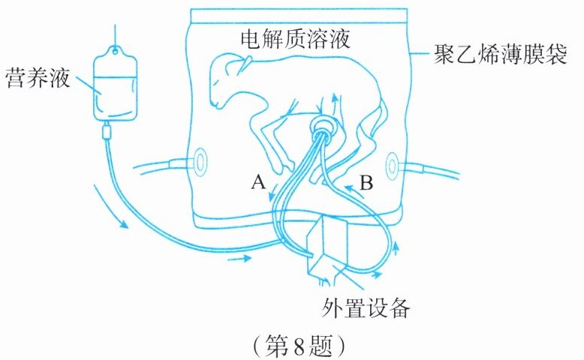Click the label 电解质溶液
click(x=295, y=39)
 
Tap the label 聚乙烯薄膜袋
click(x=500, y=55)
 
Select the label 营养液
click(x=38, y=78)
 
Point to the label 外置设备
click(x=366, y=308)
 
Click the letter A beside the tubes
click(x=258, y=182)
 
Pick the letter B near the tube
click(x=366, y=183)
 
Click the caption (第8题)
click(x=299, y=346)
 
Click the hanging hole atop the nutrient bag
click(x=116, y=51)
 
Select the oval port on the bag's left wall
click(x=200, y=162)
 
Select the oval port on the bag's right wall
click(x=392, y=165)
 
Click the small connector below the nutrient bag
click(x=107, y=132)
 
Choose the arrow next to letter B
click(x=353, y=191)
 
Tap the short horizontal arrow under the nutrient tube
click(x=239, y=257)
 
